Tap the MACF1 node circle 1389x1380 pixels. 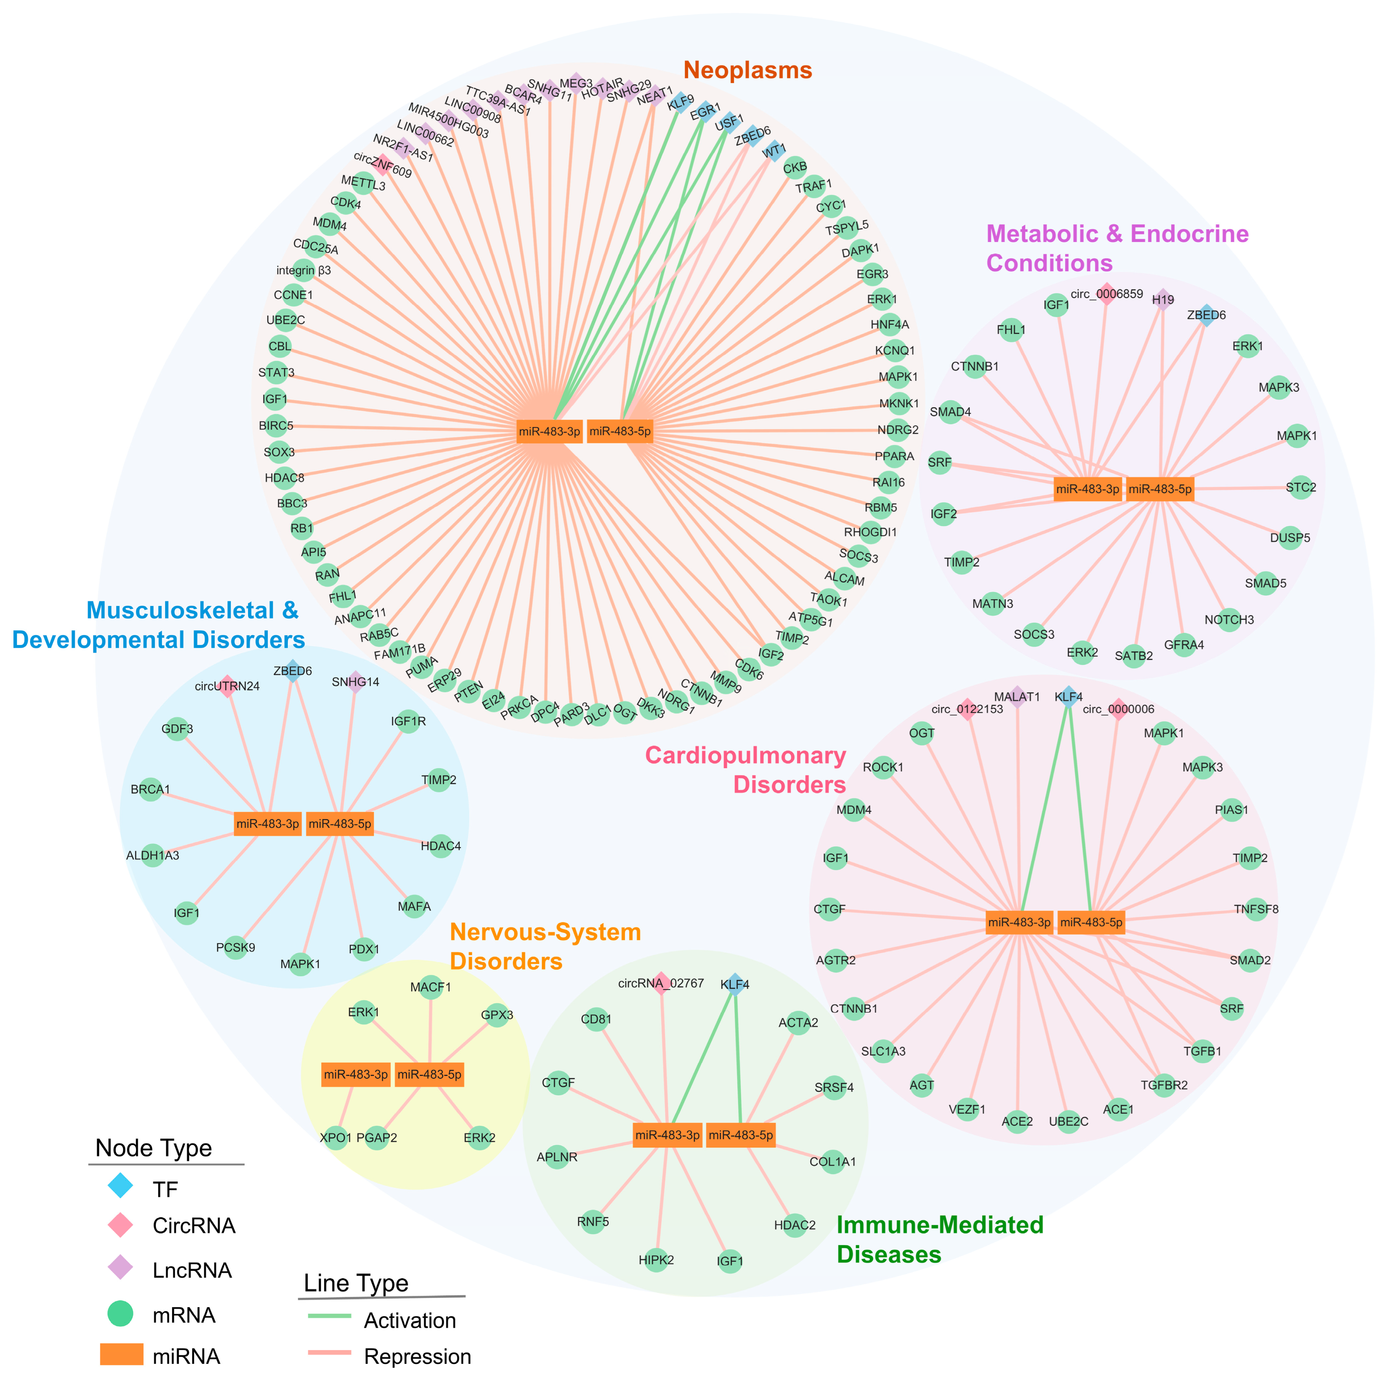coord(431,987)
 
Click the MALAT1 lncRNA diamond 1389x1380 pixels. coord(1017,697)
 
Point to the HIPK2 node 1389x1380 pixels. coord(656,1260)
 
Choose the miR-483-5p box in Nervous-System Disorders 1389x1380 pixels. coord(429,1074)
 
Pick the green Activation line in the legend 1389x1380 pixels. coord(329,1316)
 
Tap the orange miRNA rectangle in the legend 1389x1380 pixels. coord(122,1354)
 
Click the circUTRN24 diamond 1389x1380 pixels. coord(227,686)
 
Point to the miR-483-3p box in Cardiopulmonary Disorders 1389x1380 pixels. coord(1019,922)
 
